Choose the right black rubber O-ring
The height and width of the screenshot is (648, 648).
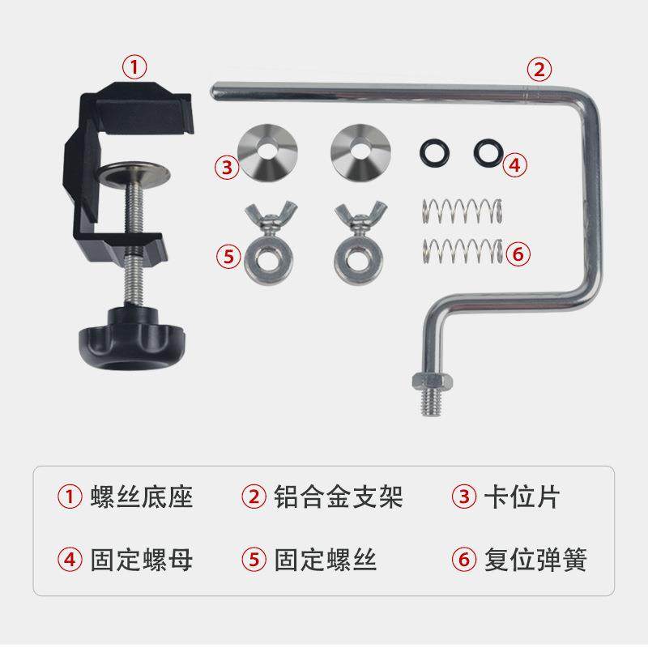(x=487, y=151)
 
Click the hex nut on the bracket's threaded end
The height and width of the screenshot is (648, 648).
(x=429, y=381)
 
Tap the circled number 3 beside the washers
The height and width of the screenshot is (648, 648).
(x=226, y=167)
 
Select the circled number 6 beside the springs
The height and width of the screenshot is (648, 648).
(x=518, y=254)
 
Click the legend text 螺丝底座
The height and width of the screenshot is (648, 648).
(x=142, y=497)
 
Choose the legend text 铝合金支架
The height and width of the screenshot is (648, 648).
(x=338, y=497)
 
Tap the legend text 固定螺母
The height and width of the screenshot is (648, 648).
(x=142, y=559)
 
